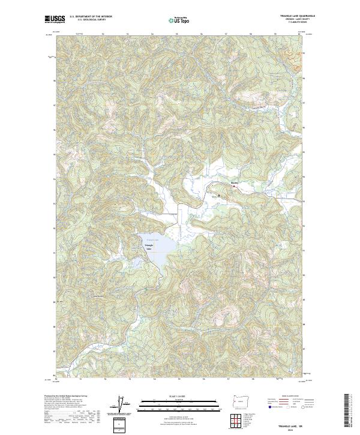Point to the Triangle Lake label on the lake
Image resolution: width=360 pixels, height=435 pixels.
point(149,246)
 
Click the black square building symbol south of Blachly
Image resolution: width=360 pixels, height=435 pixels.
point(219,194)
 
